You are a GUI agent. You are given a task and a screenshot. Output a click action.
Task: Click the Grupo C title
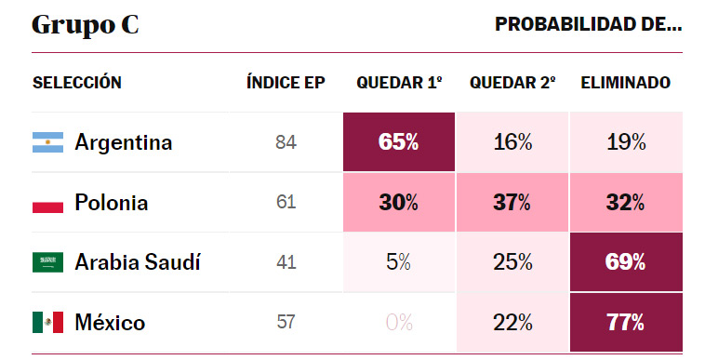[x=86, y=25]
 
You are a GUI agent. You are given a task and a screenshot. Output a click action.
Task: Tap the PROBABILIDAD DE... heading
[x=588, y=25]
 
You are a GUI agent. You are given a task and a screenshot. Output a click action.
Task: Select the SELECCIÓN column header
[x=77, y=83]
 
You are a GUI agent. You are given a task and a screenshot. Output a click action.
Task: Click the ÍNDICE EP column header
[x=286, y=83]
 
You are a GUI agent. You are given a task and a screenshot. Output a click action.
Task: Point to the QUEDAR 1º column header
[x=399, y=83]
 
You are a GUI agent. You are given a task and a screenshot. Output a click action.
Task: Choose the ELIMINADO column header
[x=625, y=83]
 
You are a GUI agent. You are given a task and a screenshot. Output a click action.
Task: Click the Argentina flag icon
[x=47, y=142]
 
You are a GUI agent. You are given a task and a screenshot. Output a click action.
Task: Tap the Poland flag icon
[x=47, y=203]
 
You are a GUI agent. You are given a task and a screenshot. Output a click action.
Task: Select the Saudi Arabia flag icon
[x=47, y=262]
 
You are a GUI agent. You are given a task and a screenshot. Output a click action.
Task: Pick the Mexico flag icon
[x=47, y=323]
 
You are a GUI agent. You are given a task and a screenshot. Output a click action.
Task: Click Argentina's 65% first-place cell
[x=399, y=142]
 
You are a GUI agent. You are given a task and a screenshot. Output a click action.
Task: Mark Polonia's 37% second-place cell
[x=512, y=203]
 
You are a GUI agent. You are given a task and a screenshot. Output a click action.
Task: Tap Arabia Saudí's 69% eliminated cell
[x=626, y=262]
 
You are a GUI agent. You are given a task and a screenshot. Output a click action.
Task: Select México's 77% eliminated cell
[x=626, y=323]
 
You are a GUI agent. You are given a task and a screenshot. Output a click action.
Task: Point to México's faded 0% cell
[x=399, y=323]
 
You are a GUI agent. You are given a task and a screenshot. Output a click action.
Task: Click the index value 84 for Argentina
[x=286, y=143]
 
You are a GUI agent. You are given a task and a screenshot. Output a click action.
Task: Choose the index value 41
[x=286, y=263]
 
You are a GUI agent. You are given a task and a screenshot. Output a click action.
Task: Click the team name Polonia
[x=112, y=203]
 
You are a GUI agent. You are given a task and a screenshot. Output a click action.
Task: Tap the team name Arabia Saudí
[x=138, y=262]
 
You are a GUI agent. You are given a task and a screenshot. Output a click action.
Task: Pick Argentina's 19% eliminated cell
[x=626, y=142]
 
